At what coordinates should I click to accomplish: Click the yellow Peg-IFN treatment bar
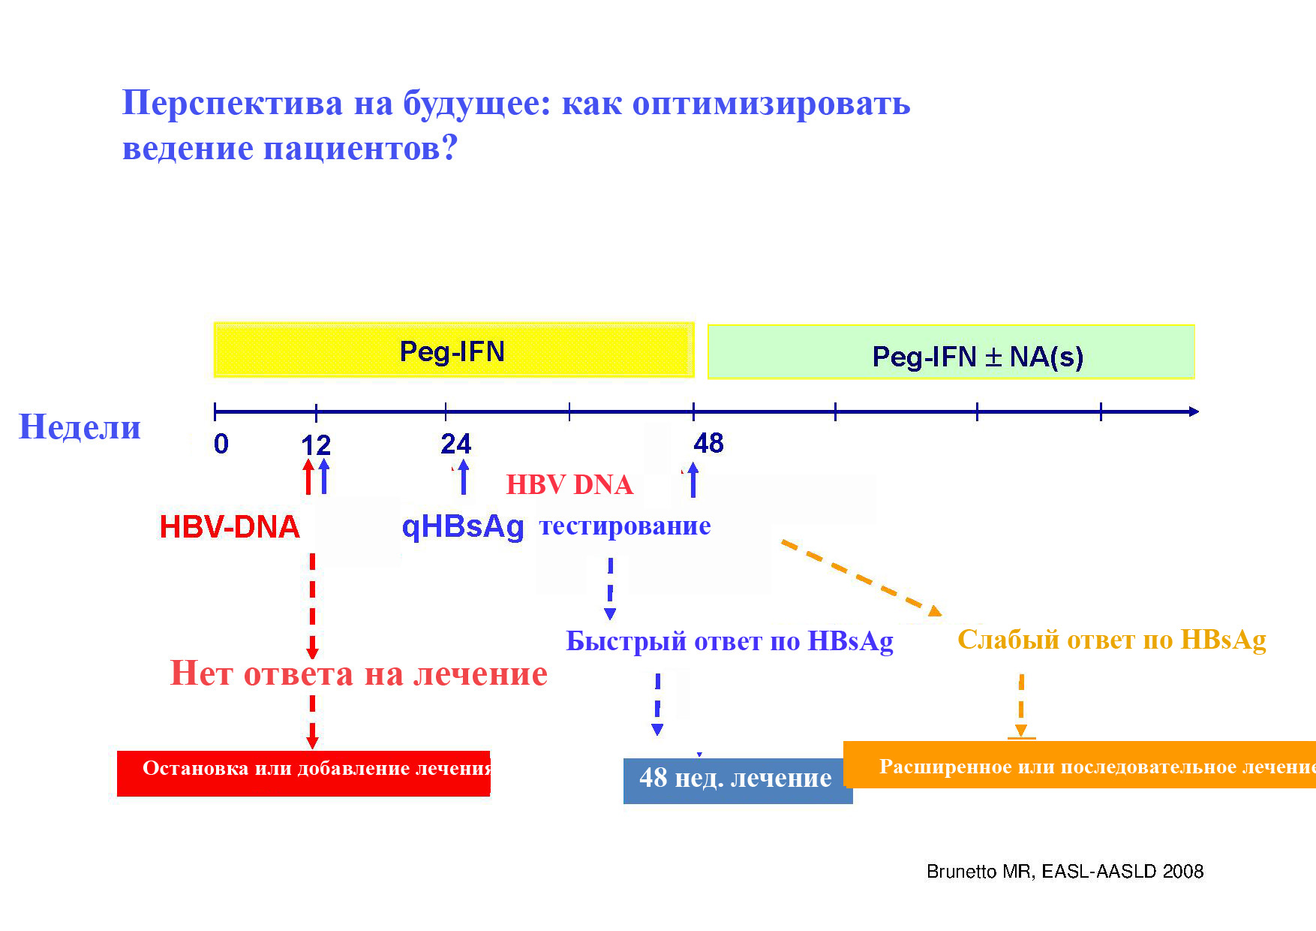(x=454, y=350)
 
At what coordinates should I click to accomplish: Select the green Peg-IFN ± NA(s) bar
(x=951, y=352)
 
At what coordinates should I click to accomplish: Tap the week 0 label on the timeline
(x=221, y=444)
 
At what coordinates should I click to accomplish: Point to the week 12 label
(x=316, y=445)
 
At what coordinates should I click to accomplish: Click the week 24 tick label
(x=455, y=444)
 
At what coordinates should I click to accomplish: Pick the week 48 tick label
(x=708, y=443)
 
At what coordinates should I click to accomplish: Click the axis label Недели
(x=80, y=426)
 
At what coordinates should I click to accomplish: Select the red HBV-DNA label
(x=230, y=527)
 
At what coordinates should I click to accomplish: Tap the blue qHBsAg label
(x=463, y=527)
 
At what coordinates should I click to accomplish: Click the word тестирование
(x=625, y=526)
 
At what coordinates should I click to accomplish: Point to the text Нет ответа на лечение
(x=359, y=673)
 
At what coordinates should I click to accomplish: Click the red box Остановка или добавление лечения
(x=304, y=773)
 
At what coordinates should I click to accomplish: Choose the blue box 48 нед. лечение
(x=738, y=780)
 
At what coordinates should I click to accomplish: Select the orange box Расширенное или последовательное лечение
(x=1080, y=765)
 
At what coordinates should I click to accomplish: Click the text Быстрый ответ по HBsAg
(x=729, y=640)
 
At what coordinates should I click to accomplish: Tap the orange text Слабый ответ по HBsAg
(x=1112, y=639)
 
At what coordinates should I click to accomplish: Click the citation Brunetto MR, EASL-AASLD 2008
(x=1065, y=871)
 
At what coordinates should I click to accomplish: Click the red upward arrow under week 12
(x=308, y=477)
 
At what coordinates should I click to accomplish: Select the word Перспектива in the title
(x=233, y=103)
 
